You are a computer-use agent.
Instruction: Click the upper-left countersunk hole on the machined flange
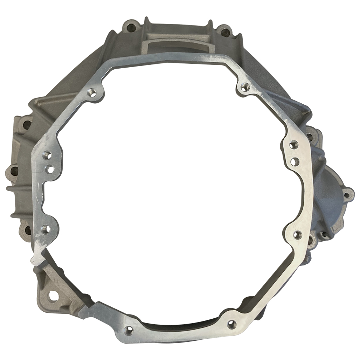[93, 92]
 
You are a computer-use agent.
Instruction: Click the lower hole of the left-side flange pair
[50, 169]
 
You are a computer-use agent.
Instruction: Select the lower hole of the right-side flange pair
[295, 161]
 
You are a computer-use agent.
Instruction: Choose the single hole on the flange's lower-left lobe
[45, 229]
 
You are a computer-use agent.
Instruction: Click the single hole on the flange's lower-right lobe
[297, 235]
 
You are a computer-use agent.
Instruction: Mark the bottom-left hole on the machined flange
[129, 330]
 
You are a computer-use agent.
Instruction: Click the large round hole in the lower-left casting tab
[53, 296]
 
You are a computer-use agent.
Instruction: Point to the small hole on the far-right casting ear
[346, 195]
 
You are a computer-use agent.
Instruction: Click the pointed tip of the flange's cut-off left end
[33, 261]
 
